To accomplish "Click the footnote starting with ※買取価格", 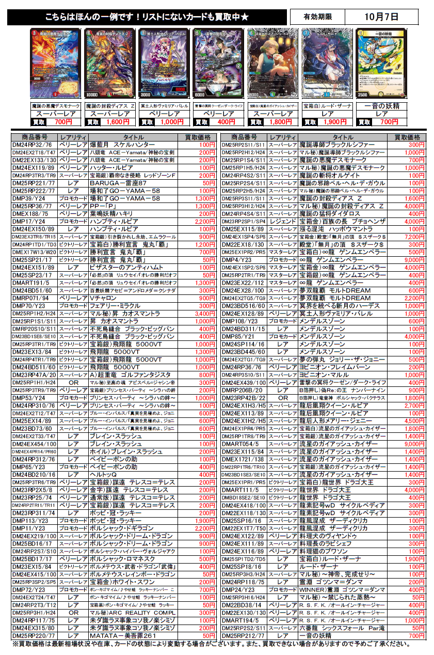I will click(x=217, y=645).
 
